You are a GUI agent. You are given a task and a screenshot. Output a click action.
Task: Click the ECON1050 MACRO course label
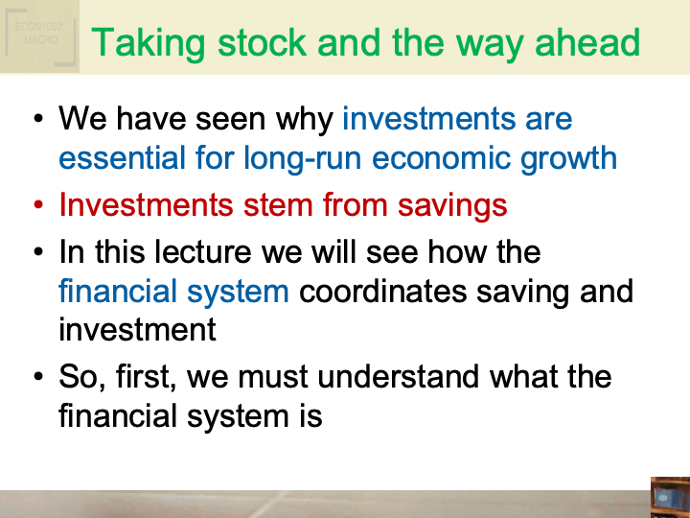[x=39, y=35]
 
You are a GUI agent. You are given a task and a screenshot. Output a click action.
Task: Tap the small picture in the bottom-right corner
[x=669, y=497]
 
